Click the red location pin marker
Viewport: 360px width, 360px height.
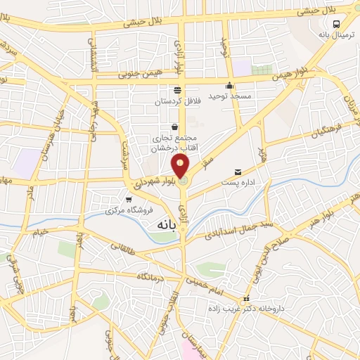(x=181, y=166)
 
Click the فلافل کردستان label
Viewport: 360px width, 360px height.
(x=178, y=101)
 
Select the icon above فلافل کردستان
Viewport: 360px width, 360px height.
(x=177, y=90)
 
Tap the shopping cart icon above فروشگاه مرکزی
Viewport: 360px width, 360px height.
(x=127, y=200)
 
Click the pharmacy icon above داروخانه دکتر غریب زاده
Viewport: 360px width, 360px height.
(x=245, y=298)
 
